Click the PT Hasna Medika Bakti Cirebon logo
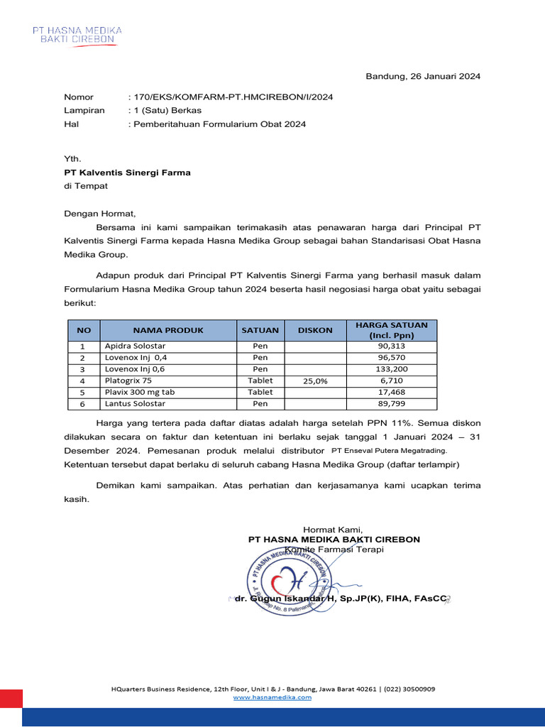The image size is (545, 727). coord(77,35)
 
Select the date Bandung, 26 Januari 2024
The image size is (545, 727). coord(423,77)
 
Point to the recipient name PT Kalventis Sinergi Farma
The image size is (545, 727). coord(127,173)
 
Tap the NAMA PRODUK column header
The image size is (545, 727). coord(167,330)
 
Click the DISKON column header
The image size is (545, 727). coord(315,330)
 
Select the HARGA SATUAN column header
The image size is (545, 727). coord(392,330)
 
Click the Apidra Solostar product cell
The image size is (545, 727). coord(135,346)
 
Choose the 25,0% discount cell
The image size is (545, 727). coord(315,381)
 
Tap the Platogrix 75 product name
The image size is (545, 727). coord(128,381)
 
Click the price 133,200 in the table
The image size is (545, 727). coord(392,369)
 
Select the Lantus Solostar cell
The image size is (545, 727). coord(135,403)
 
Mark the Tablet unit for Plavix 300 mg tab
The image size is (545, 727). coord(260,392)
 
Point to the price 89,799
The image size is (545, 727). coord(392,403)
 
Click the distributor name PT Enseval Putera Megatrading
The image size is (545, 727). coord(390,451)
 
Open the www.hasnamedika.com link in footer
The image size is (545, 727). coord(272,697)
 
